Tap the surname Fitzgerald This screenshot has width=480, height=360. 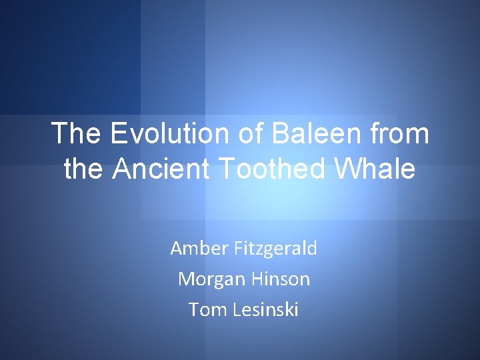[x=275, y=249]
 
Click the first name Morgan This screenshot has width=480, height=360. [x=208, y=279]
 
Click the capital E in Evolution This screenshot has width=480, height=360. [x=119, y=134]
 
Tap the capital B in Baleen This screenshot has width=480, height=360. [x=280, y=134]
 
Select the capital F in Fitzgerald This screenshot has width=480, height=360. [x=238, y=249]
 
